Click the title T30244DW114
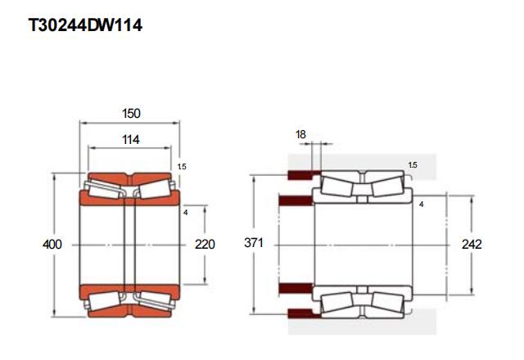point(85,25)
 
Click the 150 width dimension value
point(131,114)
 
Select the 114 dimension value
point(131,140)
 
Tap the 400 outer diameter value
point(52,245)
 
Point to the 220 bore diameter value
point(205,245)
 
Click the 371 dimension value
point(254,243)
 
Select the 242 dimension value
point(472,245)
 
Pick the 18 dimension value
point(300,134)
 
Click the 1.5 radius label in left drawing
point(182,166)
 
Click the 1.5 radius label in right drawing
point(413,165)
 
